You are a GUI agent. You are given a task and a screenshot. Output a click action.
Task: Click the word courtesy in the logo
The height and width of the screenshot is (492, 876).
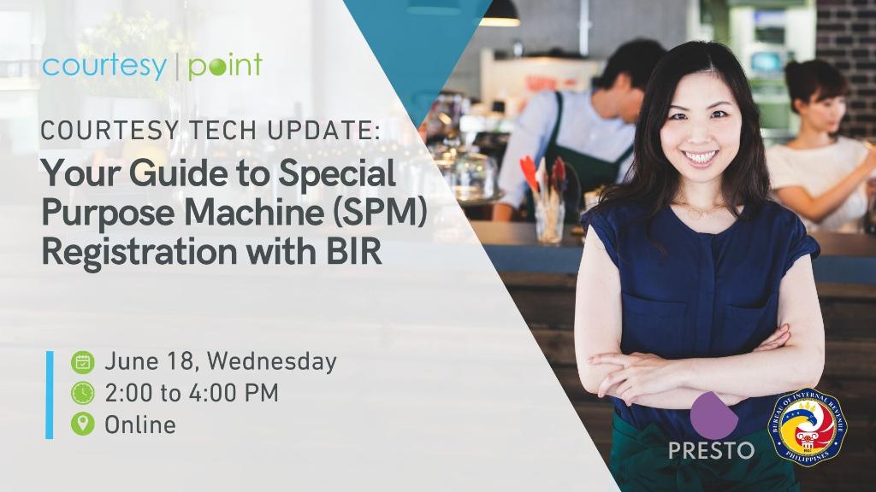(x=104, y=67)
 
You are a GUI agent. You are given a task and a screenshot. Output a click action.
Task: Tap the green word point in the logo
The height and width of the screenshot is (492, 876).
(x=225, y=67)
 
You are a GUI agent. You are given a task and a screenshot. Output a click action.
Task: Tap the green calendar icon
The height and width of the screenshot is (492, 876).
(x=83, y=362)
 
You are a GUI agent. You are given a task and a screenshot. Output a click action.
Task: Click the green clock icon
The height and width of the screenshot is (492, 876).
(x=83, y=393)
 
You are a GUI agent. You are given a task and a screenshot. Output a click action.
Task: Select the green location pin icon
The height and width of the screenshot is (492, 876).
(x=83, y=424)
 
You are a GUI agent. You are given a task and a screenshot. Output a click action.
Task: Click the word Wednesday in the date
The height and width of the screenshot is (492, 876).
(x=271, y=361)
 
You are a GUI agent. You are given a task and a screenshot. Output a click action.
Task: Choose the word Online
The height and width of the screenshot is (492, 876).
(x=140, y=425)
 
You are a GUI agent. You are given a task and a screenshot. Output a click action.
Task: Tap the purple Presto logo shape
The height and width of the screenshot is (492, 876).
(x=713, y=416)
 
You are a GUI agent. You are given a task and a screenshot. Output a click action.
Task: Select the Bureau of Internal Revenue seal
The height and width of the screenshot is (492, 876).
(x=808, y=427)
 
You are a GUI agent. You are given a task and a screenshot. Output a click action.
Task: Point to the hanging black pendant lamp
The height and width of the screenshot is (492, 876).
(x=500, y=14)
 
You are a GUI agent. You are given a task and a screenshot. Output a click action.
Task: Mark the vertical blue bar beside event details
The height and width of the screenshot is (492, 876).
(x=50, y=395)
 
